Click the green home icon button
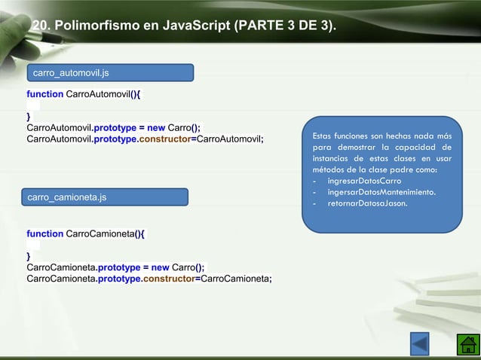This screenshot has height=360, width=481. (x=468, y=343)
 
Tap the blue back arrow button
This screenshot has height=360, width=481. (x=419, y=343)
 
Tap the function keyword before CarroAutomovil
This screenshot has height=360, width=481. (x=44, y=94)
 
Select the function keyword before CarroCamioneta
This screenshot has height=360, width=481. (x=44, y=234)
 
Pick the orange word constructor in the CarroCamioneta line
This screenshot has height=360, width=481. (x=165, y=279)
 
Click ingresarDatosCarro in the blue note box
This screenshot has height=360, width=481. (x=364, y=182)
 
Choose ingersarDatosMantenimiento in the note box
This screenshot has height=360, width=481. (x=381, y=192)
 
